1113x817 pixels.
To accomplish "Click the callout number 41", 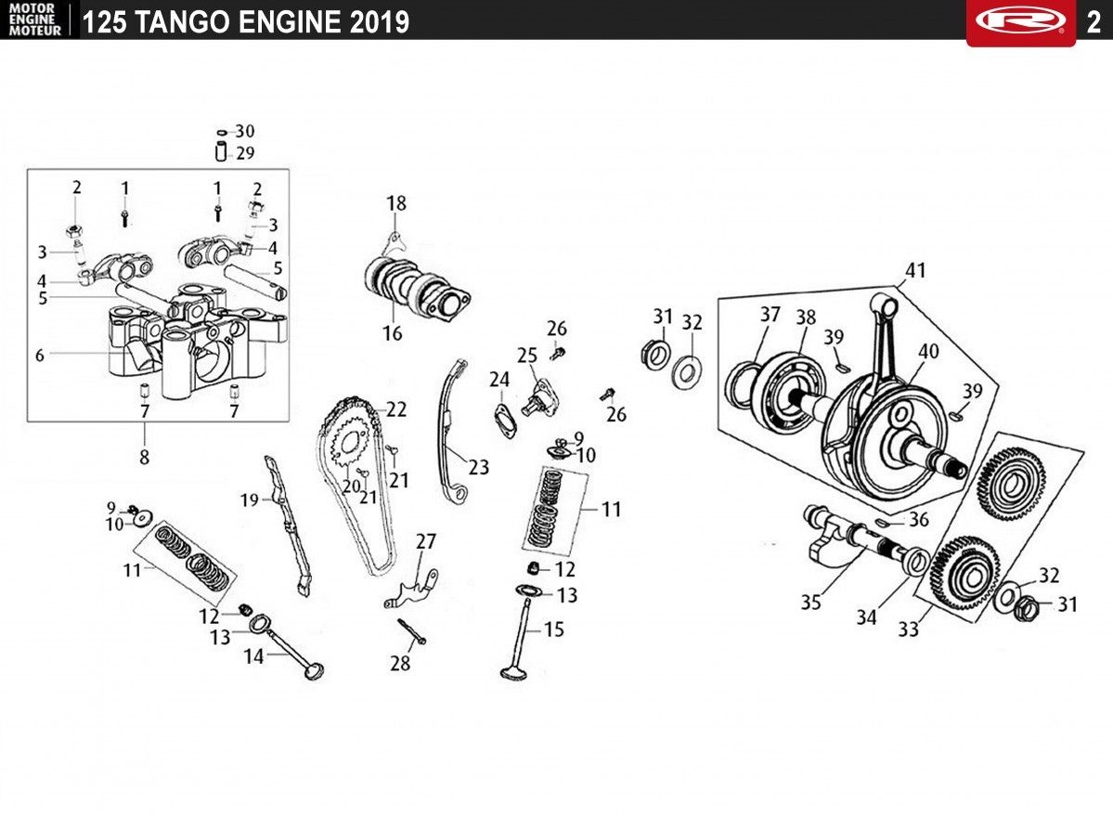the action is click(x=915, y=270).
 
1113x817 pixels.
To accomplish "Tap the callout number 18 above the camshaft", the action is click(x=396, y=203).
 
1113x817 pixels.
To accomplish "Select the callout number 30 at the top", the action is click(x=245, y=131).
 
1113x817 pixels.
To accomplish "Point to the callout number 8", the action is click(x=144, y=457).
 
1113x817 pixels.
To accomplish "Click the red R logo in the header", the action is click(x=1020, y=20).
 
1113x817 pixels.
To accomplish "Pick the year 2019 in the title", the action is click(x=379, y=22).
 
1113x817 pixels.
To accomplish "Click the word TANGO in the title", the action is click(x=184, y=22).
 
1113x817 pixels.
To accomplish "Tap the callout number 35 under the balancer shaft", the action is click(x=810, y=603).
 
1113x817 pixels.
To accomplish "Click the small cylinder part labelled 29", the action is click(x=221, y=152).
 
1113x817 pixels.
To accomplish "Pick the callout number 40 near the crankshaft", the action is click(x=928, y=351).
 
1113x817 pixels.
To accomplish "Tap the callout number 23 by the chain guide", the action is click(x=478, y=467).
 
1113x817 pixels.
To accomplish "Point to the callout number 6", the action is click(x=40, y=355).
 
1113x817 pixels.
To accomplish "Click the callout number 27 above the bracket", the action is click(x=426, y=541).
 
